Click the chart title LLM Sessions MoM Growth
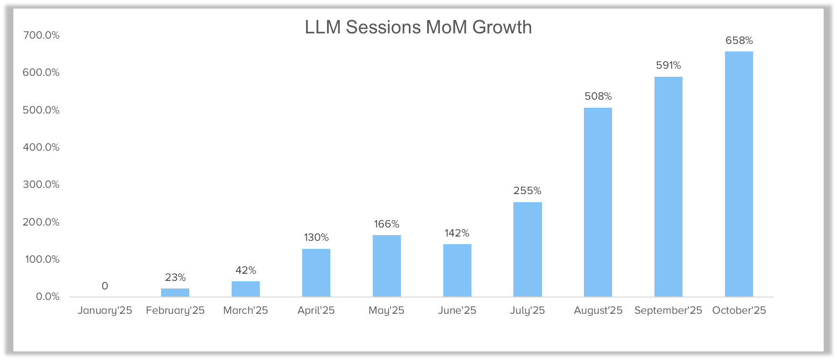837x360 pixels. tap(418, 27)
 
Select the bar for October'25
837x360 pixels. tap(739, 174)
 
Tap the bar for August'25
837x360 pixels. tap(598, 202)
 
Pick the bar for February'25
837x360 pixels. tap(175, 292)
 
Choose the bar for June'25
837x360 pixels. tap(457, 270)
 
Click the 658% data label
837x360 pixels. tap(739, 41)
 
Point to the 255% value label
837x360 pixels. tap(527, 191)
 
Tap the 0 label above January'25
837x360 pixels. tap(105, 286)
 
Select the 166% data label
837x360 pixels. tap(387, 224)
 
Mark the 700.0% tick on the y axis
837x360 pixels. tap(41, 35)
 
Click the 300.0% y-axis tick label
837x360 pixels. tap(41, 185)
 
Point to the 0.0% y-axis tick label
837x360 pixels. tap(48, 297)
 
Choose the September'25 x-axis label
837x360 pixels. tap(668, 310)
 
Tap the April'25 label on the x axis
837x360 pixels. tap(316, 310)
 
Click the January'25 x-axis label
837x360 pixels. tap(105, 310)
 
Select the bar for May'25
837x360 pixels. tap(387, 266)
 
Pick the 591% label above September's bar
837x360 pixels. tap(668, 65)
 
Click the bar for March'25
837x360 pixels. tap(245, 289)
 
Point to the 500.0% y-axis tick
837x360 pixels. tap(41, 110)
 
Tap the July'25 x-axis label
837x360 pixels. tap(527, 310)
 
